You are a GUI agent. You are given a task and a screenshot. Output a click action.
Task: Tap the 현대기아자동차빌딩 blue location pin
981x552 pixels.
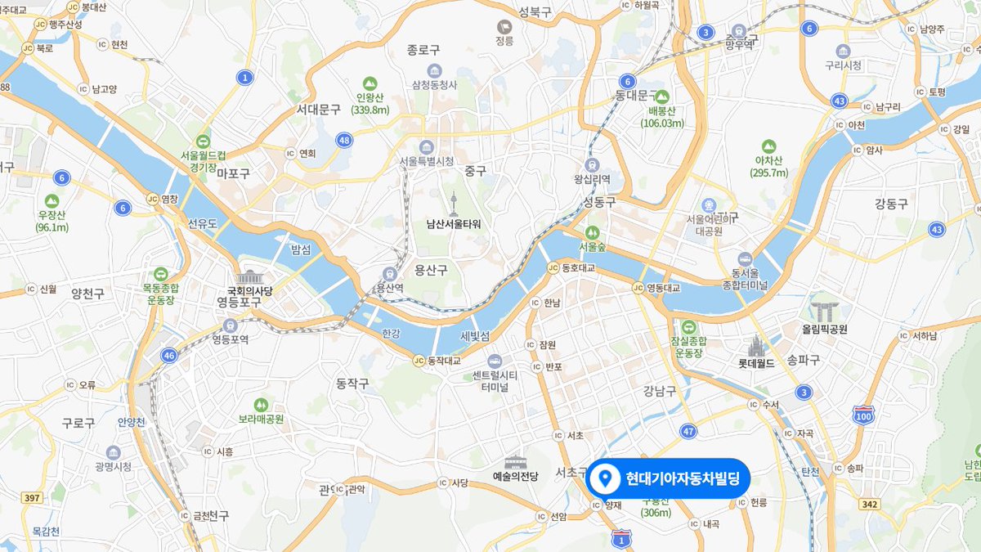click(x=605, y=478)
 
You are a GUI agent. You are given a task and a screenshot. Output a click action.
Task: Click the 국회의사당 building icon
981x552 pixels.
click(x=250, y=277)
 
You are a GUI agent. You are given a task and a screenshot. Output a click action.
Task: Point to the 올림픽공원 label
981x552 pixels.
click(x=825, y=330)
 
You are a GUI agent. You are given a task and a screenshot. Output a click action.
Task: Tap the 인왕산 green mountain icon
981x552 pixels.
click(x=370, y=83)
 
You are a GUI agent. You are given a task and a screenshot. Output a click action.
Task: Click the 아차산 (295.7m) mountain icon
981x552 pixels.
click(x=768, y=146)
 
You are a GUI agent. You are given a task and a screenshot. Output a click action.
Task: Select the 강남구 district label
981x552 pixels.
click(x=660, y=391)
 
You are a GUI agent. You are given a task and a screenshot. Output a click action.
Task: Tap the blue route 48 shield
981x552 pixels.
click(x=344, y=141)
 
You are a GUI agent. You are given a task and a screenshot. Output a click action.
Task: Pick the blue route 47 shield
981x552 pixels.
click(x=688, y=431)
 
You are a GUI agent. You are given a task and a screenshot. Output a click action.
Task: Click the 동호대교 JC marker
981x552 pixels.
click(x=553, y=267)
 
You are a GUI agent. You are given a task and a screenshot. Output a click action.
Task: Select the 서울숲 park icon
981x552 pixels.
click(x=592, y=231)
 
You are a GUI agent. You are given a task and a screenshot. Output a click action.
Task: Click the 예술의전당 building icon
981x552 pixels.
click(x=515, y=463)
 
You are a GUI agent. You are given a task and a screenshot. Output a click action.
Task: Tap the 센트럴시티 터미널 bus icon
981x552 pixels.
click(x=495, y=361)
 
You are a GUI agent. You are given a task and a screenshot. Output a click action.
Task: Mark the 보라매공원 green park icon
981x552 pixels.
click(x=261, y=404)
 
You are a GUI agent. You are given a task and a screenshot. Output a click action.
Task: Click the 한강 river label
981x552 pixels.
click(x=391, y=334)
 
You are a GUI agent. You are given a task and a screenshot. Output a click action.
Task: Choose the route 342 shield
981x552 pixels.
click(x=870, y=504)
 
